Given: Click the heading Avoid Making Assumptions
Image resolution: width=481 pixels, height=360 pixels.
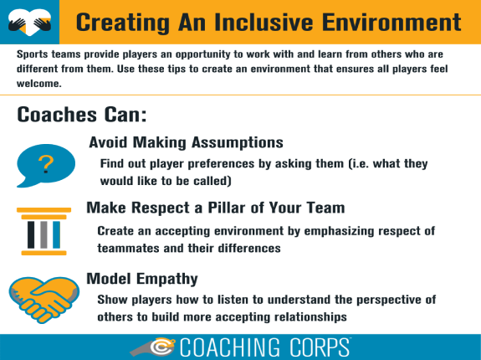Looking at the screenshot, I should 186,142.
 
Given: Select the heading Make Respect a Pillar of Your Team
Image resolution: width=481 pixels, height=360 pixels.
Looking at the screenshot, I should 216,208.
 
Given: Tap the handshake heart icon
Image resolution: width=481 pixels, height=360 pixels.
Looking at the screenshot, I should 43,293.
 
